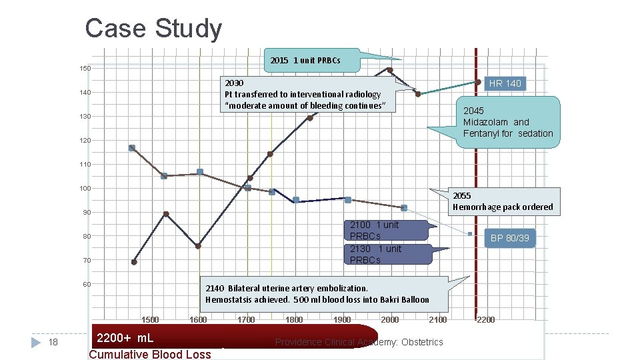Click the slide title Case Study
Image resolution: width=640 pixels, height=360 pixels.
(153, 29)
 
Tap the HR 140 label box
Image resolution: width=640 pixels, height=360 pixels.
(505, 83)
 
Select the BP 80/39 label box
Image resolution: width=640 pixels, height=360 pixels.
(509, 238)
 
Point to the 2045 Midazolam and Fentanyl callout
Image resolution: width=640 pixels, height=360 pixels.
(508, 122)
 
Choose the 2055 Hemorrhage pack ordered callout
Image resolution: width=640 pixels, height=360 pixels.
(502, 201)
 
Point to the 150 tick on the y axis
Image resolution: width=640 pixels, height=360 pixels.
(87, 69)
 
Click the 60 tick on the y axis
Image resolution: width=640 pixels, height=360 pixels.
(87, 285)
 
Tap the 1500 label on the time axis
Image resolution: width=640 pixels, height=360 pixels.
(150, 320)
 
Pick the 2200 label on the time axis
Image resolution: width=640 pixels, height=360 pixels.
(485, 320)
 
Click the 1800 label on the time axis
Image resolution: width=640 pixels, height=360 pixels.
(294, 320)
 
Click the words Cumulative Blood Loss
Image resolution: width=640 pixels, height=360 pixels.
(149, 354)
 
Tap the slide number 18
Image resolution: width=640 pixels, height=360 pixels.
(55, 342)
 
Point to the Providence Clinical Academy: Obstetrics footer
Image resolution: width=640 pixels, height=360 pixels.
(359, 342)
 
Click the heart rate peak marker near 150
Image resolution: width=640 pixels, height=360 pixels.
(390, 70)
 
